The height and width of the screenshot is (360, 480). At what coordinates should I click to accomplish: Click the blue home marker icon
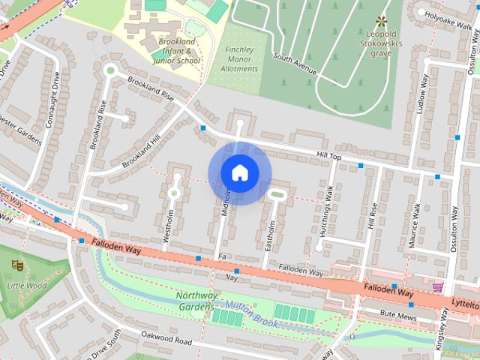point(239,172)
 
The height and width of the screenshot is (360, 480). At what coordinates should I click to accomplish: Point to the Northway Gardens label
point(196,301)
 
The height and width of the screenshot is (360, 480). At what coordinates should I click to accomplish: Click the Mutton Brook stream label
point(252,316)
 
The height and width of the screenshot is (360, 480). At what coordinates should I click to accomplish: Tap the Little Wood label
point(26,286)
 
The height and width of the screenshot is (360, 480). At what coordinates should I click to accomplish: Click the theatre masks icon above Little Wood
point(16,265)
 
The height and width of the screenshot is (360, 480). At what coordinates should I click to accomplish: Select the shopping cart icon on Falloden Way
point(437,286)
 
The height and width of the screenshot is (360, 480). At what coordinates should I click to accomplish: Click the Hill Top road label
point(328,155)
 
